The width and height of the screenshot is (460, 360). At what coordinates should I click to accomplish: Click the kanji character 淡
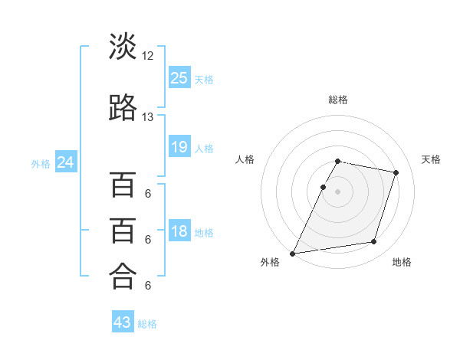(123, 46)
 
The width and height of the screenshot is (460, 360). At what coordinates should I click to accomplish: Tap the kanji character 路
(123, 107)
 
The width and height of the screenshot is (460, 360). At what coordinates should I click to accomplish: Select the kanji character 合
(123, 276)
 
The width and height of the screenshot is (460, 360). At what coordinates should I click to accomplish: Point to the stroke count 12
(147, 56)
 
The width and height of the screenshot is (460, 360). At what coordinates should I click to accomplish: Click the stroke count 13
(147, 117)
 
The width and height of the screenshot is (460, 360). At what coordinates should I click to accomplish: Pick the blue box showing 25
(179, 77)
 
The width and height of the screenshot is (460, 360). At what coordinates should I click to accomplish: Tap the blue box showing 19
(179, 146)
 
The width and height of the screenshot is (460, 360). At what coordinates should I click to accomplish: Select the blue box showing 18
(179, 230)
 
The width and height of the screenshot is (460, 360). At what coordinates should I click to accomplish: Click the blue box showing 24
(66, 162)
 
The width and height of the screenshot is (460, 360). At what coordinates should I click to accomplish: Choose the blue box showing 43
(123, 321)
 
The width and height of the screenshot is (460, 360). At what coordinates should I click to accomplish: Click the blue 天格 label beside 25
(204, 80)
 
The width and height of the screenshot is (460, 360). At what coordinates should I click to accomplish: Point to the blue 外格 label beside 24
(41, 164)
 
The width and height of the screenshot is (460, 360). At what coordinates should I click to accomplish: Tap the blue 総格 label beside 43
(147, 324)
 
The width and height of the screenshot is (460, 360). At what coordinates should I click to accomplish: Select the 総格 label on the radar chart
(338, 100)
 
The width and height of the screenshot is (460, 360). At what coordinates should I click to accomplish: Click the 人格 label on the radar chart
(245, 159)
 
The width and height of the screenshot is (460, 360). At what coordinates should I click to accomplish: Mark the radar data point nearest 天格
(396, 172)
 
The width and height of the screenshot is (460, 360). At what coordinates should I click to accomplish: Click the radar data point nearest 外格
(292, 254)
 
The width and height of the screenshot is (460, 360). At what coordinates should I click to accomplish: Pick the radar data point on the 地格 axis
(374, 241)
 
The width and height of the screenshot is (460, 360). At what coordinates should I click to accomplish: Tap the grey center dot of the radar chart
(337, 191)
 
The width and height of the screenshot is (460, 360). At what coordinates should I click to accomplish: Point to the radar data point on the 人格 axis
(323, 187)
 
